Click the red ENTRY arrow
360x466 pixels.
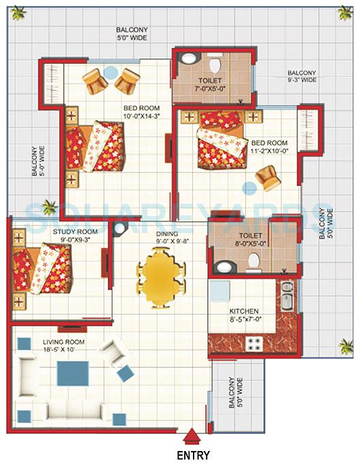tap(194, 436)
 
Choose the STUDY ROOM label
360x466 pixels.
tap(75, 232)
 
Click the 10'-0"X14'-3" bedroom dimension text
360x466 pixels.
tap(142, 117)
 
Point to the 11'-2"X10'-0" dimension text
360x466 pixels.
tap(270, 151)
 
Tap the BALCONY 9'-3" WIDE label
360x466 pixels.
tap(301, 76)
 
